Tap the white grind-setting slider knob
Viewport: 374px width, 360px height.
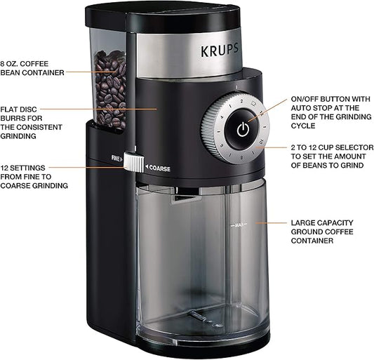pyautogui.click(x=131, y=161)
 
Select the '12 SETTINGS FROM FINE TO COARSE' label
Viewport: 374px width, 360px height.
pyautogui.click(x=34, y=176)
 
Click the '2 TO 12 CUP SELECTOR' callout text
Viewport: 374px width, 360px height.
pyautogui.click(x=327, y=156)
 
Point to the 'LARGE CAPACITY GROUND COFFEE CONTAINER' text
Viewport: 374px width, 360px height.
pyautogui.click(x=322, y=231)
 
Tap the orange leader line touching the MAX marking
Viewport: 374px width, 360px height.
pyautogui.click(x=270, y=223)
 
